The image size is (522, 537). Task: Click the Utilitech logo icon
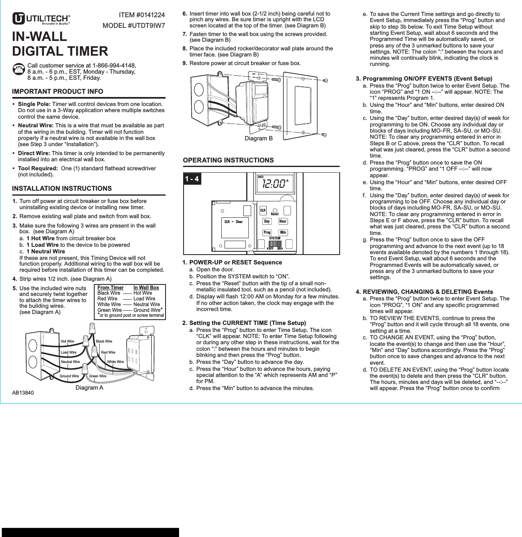[x=18, y=19]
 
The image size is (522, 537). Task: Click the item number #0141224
[x=141, y=15]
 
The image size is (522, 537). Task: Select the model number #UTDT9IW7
[x=134, y=26]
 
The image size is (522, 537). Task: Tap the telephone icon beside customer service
[x=18, y=69]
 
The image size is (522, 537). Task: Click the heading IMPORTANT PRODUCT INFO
[x=57, y=92]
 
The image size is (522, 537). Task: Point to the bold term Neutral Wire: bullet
[x=36, y=126]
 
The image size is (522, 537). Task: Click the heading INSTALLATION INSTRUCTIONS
[x=61, y=189]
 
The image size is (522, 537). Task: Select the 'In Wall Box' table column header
[x=146, y=288]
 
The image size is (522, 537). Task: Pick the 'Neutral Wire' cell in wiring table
[x=146, y=305]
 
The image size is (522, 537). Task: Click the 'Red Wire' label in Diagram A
[x=108, y=352]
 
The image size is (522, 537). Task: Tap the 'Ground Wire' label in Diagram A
[x=69, y=376]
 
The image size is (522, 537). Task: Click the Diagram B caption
[x=259, y=139]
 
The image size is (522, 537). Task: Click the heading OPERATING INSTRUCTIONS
[x=228, y=160]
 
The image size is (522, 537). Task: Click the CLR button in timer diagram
[x=263, y=210]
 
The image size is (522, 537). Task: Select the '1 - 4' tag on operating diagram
[x=192, y=179]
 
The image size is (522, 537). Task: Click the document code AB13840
[x=23, y=393]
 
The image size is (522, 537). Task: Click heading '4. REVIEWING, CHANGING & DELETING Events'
[x=424, y=292]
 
